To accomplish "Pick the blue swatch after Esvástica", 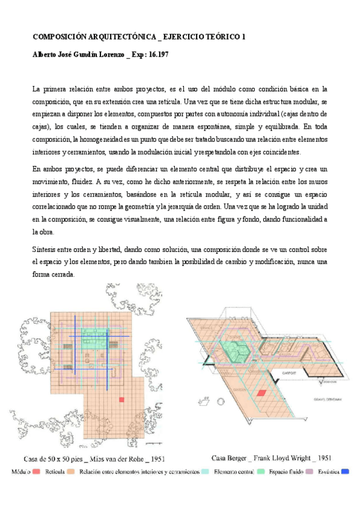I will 344,473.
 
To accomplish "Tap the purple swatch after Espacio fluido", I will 310,473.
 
